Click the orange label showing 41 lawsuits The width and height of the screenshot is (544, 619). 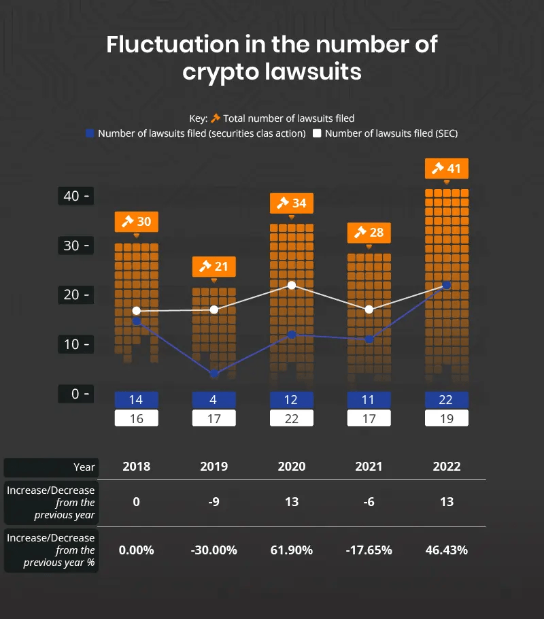(447, 167)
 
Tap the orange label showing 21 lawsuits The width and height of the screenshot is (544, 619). (214, 267)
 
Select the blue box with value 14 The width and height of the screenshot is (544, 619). (137, 400)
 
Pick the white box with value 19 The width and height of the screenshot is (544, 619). (447, 418)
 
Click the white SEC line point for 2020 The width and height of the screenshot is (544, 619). (292, 285)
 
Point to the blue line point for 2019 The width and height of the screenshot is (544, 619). (214, 373)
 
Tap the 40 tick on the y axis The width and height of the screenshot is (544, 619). (75, 196)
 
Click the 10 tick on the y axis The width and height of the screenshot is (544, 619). (75, 344)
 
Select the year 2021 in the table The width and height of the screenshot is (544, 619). (369, 467)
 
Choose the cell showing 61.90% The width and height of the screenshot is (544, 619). (292, 550)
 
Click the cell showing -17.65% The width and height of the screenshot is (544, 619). (369, 550)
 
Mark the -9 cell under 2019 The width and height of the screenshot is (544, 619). (214, 502)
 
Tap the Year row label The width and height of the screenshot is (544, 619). (84, 467)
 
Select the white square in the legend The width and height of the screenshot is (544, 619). (318, 133)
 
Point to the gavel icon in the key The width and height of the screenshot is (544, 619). (216, 118)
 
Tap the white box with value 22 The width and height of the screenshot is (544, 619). (292, 418)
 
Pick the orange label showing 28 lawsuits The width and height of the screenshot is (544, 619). (369, 232)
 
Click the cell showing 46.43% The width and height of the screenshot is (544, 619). (447, 550)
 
